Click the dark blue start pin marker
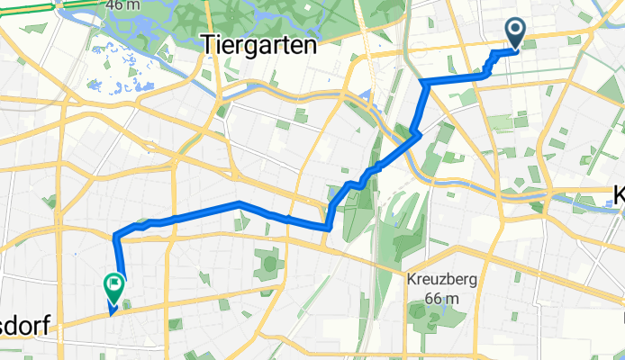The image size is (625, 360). (516, 32)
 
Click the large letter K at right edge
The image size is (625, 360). (619, 195)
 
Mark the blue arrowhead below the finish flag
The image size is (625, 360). (111, 311)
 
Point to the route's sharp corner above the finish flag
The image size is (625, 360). (115, 237)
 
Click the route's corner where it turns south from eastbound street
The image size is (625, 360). (422, 83)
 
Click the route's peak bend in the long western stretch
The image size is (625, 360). (240, 205)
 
